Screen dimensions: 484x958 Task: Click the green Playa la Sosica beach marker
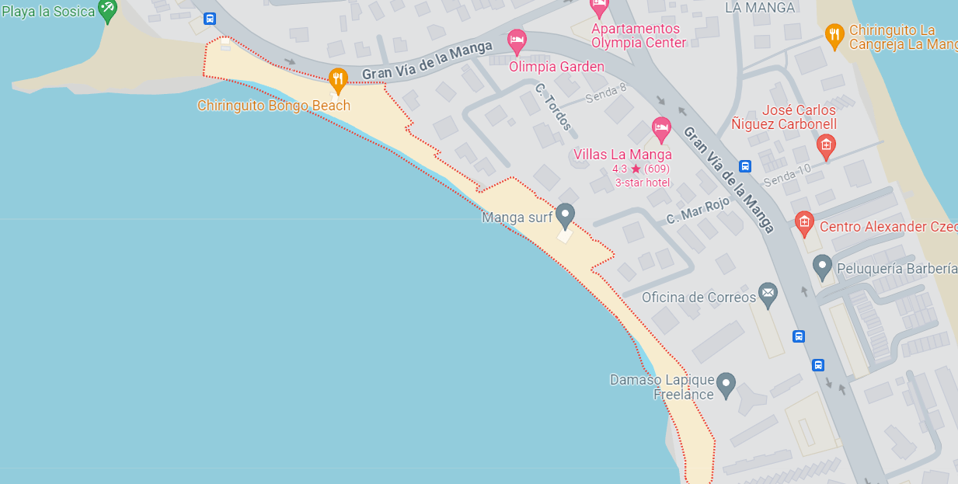[x=107, y=11]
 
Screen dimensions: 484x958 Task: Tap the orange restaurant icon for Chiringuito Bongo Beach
[x=337, y=78]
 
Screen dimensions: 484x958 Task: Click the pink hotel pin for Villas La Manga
[x=661, y=128]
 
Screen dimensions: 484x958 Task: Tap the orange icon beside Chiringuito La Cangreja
[x=834, y=35]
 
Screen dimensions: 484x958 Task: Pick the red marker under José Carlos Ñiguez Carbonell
[x=826, y=145]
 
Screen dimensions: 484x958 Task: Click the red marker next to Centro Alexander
[x=804, y=224]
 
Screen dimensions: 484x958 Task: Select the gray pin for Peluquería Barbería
[x=822, y=266]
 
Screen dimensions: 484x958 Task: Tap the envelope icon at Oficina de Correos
[x=768, y=294]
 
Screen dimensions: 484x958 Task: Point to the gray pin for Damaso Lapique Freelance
[x=726, y=384]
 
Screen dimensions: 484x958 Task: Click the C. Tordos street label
[x=553, y=106]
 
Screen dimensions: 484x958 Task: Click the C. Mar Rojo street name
[x=698, y=211]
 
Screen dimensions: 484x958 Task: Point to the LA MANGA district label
[x=760, y=8]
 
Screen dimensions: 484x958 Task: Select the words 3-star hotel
[x=643, y=183]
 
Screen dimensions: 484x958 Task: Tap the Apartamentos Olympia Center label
[x=639, y=36]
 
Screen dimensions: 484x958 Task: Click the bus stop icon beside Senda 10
[x=745, y=165]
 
